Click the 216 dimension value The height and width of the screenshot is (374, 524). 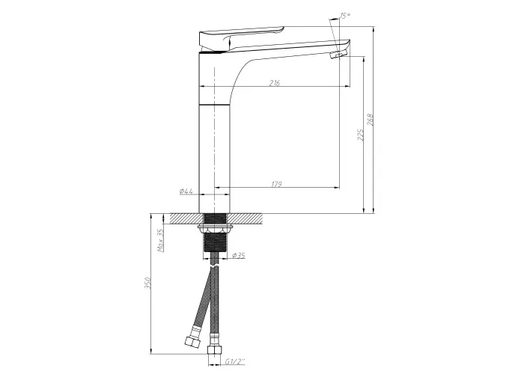pos(275,83)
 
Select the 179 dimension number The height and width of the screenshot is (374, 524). pos(277,184)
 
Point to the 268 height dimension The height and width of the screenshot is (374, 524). pos(371,120)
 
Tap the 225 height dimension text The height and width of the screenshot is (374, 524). pos(361,135)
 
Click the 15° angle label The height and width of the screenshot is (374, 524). pos(345,16)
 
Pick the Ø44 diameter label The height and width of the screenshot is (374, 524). pos(186,191)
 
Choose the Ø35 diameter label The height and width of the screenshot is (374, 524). pos(238,256)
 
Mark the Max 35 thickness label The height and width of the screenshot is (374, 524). pos(160,240)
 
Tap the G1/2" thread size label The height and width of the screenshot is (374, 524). pos(234,361)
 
